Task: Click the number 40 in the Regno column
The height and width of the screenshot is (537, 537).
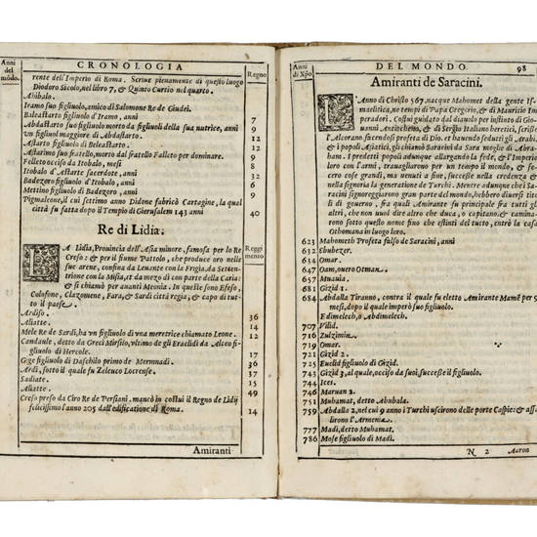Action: pyautogui.click(x=255, y=213)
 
